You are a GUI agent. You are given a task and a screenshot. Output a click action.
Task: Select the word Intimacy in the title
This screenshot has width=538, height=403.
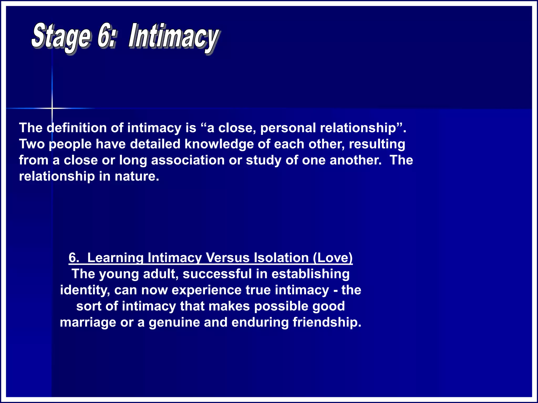(173, 37)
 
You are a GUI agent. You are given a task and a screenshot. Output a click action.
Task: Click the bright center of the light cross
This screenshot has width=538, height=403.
(52, 108)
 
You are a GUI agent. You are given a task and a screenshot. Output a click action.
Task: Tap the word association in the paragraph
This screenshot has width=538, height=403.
(188, 160)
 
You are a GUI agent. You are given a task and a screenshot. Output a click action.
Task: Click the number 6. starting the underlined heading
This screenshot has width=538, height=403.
(74, 258)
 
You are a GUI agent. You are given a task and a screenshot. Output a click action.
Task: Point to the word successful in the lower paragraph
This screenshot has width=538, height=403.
(217, 274)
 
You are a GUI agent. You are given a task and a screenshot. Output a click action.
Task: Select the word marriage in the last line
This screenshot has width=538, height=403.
(88, 322)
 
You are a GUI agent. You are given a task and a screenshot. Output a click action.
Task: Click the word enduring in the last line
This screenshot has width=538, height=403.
(260, 322)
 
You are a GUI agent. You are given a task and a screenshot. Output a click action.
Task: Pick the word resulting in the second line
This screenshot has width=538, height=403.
(377, 144)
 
